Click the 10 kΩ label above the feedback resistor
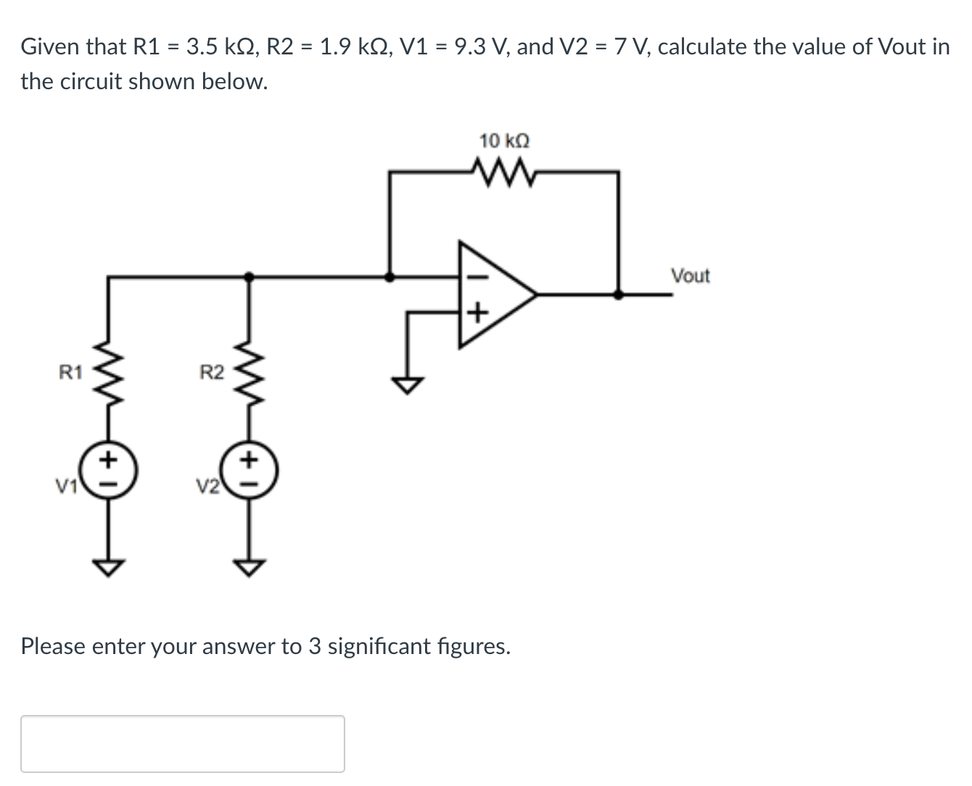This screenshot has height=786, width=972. (x=504, y=140)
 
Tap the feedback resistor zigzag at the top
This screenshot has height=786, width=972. (x=505, y=173)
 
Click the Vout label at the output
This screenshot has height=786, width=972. (x=690, y=276)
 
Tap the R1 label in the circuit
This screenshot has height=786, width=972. (x=71, y=373)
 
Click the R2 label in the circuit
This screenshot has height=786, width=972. (x=212, y=373)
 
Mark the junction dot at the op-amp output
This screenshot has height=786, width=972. (x=618, y=294)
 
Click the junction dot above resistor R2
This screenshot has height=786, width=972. (x=249, y=276)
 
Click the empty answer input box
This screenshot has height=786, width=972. (x=183, y=743)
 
